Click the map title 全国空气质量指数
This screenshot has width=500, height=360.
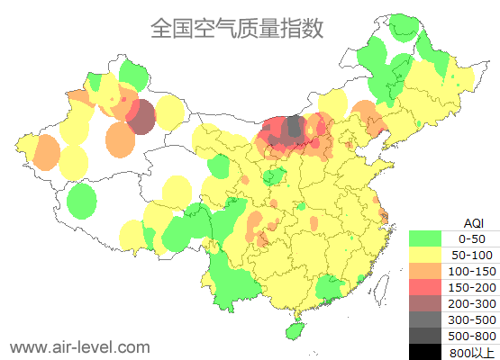pyautogui.click(x=237, y=28)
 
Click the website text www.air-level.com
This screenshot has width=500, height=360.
pyautogui.click(x=79, y=346)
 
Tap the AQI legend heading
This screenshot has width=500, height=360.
pyautogui.click(x=473, y=222)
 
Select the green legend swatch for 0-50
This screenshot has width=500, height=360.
pyautogui.click(x=425, y=239)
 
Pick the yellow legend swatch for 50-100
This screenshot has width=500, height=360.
pyautogui.click(x=425, y=256)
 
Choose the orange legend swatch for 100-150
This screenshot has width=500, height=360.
pyautogui.click(x=425, y=272)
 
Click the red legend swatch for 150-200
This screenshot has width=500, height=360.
pyautogui.click(x=425, y=288)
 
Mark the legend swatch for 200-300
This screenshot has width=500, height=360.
pyautogui.click(x=425, y=304)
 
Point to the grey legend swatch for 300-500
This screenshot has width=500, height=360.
pyautogui.click(x=425, y=319)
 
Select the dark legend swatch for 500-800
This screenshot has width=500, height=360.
pyautogui.click(x=425, y=336)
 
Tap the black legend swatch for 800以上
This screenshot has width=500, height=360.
pyautogui.click(x=425, y=352)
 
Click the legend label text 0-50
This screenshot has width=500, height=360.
pyautogui.click(x=472, y=239)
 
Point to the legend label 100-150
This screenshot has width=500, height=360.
pyautogui.click(x=472, y=272)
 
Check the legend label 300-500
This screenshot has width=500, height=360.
pyautogui.click(x=472, y=319)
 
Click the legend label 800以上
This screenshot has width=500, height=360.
pyautogui.click(x=472, y=352)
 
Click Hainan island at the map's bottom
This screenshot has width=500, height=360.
pyautogui.click(x=293, y=330)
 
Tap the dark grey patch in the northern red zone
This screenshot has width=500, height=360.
pyautogui.click(x=293, y=129)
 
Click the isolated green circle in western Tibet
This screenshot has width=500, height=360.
pyautogui.click(x=82, y=201)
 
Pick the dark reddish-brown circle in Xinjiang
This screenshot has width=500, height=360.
pyautogui.click(x=141, y=117)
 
